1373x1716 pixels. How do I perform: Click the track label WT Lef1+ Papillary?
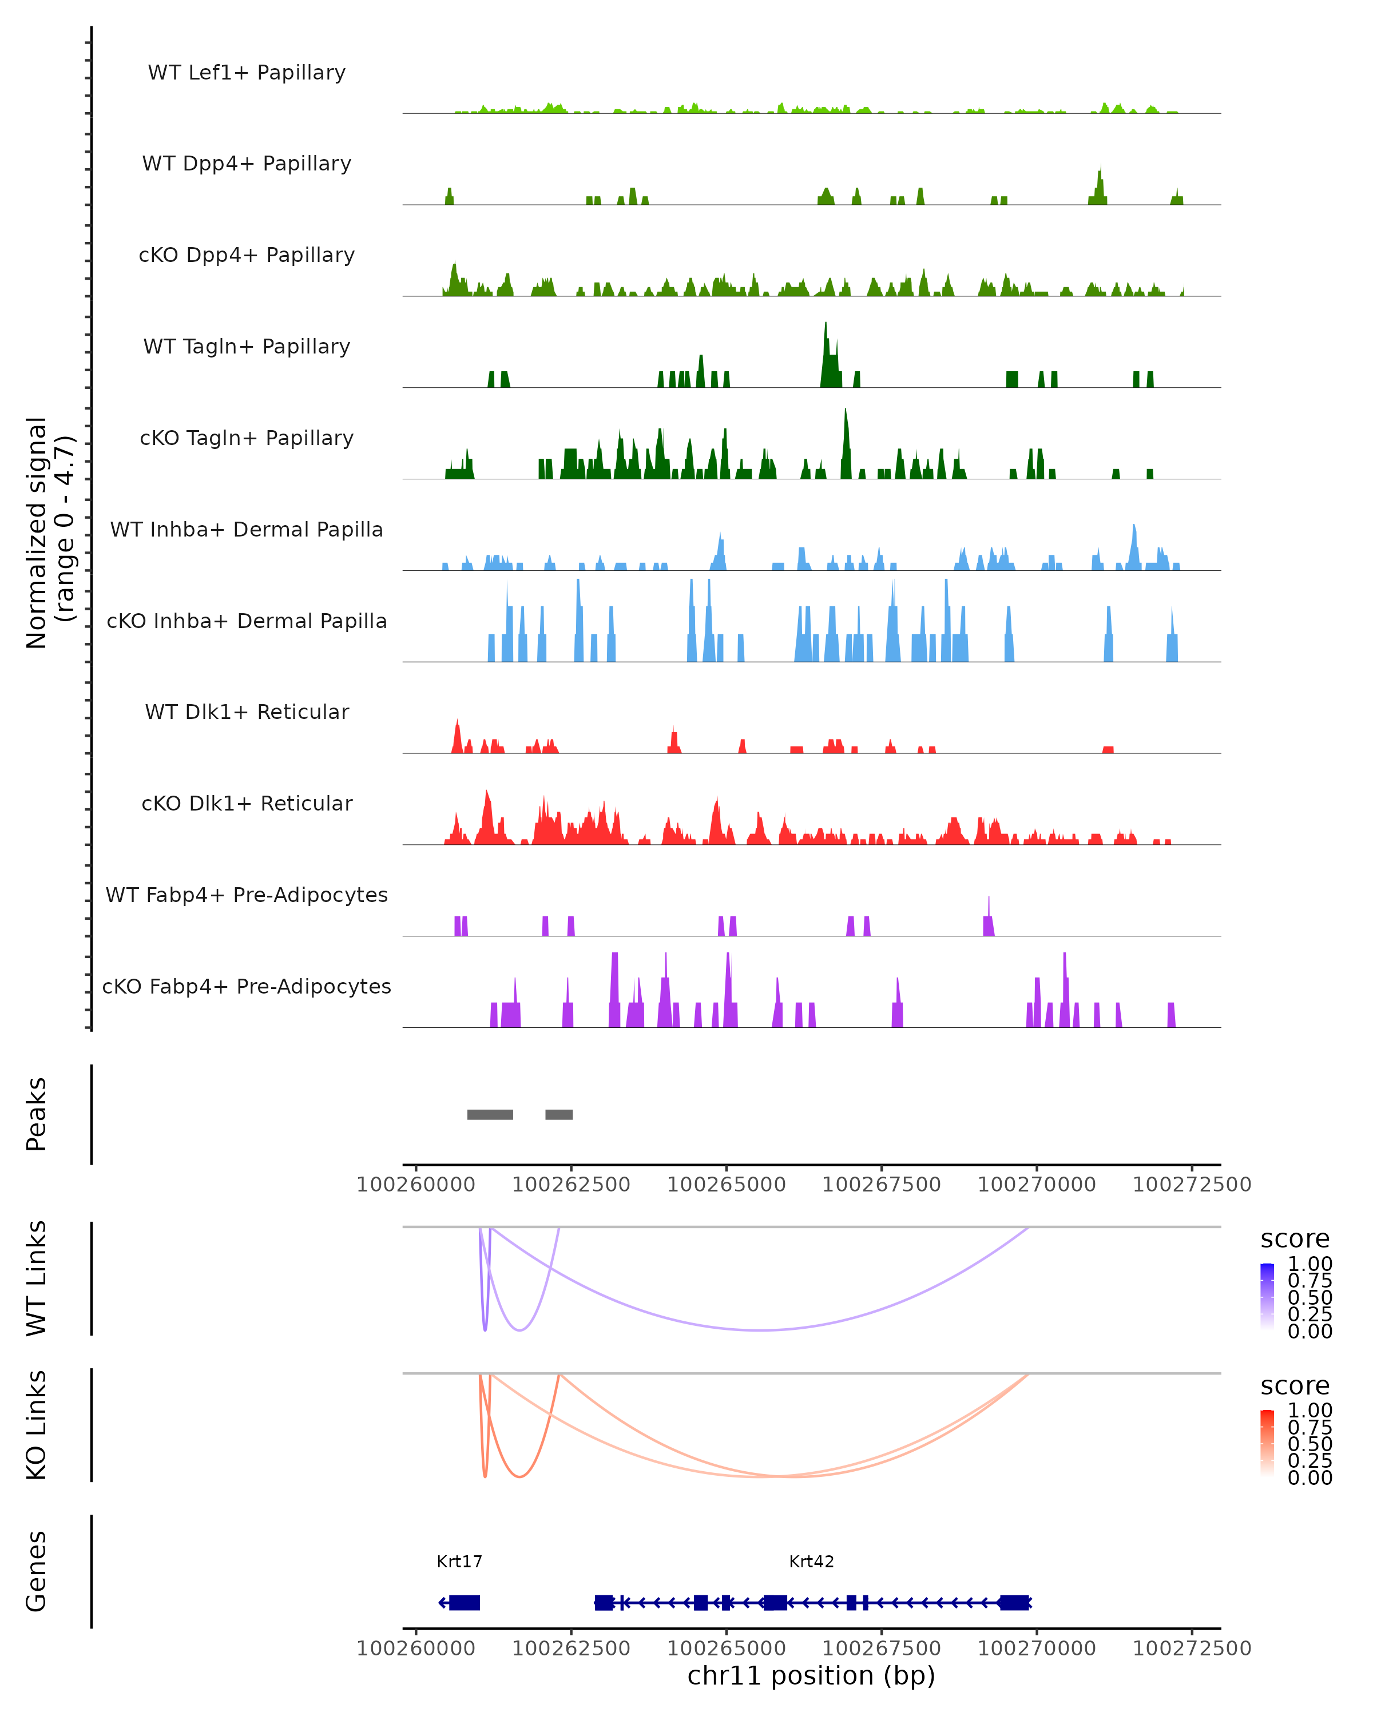[x=247, y=73]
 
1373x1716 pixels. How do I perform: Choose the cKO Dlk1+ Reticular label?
[x=247, y=803]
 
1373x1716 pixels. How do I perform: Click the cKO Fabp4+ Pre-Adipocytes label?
[x=247, y=986]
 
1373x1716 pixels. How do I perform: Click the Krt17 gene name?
[x=459, y=1562]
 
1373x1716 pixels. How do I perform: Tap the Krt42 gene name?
[x=811, y=1562]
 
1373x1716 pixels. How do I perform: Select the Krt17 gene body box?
[x=464, y=1602]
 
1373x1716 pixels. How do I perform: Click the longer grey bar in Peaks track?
[x=490, y=1114]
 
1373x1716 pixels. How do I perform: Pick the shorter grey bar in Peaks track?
[x=559, y=1114]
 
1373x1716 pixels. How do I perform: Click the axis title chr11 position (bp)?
[x=811, y=1675]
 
